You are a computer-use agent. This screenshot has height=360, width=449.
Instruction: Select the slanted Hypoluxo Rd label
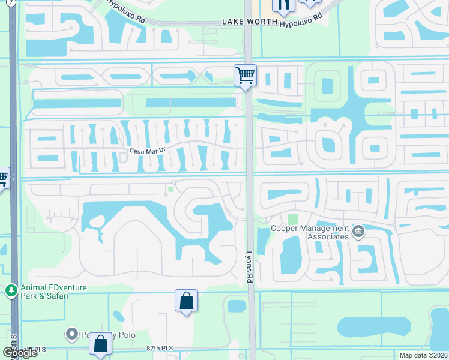click(x=126, y=10)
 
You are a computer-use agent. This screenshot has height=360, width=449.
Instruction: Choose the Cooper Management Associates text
click(x=310, y=232)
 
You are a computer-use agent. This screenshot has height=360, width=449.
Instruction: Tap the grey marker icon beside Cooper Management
click(x=358, y=232)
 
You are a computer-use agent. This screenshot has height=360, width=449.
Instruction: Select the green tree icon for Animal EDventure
click(x=11, y=292)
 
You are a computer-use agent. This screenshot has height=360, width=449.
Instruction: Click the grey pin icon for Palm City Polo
click(x=71, y=333)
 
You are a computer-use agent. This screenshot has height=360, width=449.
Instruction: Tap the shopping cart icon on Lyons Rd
click(x=245, y=76)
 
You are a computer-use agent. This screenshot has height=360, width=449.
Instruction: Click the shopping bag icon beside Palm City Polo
click(x=101, y=345)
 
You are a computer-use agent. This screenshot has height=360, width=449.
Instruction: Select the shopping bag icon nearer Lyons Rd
click(x=186, y=301)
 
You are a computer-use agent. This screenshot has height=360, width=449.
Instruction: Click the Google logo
click(x=20, y=353)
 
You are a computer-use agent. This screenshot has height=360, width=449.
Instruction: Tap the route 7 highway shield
click(x=11, y=2)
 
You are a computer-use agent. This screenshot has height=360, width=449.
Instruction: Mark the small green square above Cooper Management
click(x=292, y=220)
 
